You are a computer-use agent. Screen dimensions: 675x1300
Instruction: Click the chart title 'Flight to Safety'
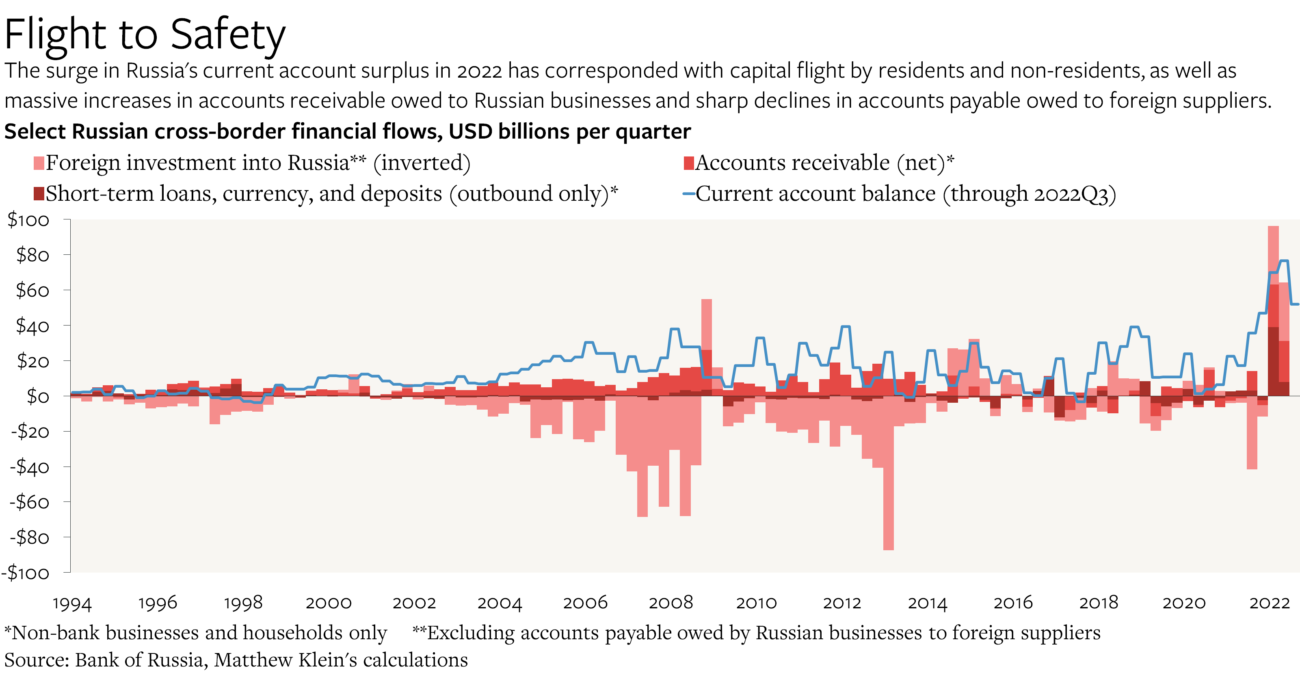click(145, 34)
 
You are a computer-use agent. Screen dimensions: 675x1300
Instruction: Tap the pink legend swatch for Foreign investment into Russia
click(39, 163)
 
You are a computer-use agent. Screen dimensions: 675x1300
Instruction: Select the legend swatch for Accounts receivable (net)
click(688, 163)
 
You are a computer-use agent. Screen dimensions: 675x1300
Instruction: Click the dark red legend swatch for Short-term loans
click(39, 193)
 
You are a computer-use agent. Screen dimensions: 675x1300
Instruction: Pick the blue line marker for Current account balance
click(688, 194)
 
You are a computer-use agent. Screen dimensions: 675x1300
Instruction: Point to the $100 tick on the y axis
click(28, 220)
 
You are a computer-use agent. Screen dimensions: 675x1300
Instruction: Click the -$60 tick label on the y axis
click(29, 502)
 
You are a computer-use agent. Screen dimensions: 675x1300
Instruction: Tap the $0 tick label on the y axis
click(38, 397)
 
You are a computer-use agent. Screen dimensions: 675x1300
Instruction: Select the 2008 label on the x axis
click(670, 603)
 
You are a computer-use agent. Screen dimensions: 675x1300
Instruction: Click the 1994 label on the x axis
click(72, 603)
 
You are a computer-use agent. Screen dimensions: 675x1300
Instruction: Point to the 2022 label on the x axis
click(1269, 603)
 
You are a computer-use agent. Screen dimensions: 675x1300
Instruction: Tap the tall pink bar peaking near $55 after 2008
click(707, 323)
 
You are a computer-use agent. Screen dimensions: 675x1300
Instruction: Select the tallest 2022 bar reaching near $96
click(1273, 252)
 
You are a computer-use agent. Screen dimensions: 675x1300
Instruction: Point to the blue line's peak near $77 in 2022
click(1284, 261)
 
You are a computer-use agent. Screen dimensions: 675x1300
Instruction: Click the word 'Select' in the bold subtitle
click(35, 132)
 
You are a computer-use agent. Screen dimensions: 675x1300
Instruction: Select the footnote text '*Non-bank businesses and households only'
click(196, 633)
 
